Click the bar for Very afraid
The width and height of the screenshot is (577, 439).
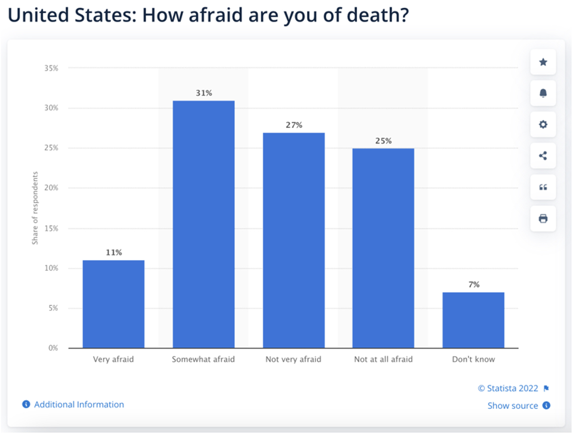point(114,304)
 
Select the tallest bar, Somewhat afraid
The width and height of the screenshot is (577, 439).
point(204,224)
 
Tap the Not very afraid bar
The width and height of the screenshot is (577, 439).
point(293,240)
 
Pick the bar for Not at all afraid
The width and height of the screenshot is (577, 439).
point(383,248)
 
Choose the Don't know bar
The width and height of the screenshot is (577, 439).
point(473,320)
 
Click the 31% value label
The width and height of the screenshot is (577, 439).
point(204,93)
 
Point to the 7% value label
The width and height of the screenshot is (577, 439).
point(474,285)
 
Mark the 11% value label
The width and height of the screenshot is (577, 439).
point(114,253)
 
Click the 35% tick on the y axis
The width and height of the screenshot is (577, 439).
point(50,68)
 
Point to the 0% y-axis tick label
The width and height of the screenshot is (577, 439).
point(52,348)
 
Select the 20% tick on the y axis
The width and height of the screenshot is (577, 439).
point(50,188)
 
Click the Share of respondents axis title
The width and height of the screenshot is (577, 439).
point(35,208)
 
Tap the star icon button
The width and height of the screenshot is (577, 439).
point(543,62)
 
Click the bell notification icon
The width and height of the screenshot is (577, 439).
point(543,93)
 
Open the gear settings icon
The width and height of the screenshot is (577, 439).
point(543,124)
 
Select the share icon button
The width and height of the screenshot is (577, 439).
point(543,156)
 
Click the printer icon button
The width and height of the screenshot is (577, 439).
point(543,219)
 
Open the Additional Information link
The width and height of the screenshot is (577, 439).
point(79,404)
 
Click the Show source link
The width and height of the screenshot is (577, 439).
point(513,405)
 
